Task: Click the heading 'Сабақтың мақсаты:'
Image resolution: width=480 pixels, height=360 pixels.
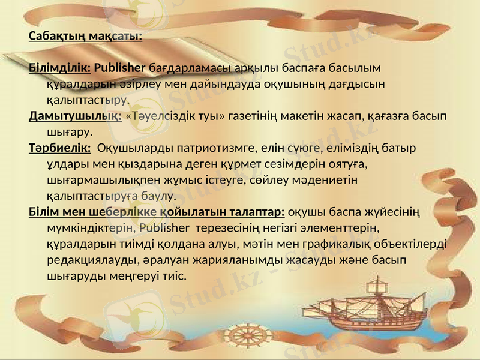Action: click(x=85, y=35)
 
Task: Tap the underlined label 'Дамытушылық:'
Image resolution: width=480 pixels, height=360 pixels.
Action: click(x=75, y=115)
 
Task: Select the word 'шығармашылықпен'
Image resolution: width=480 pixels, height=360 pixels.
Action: click(x=96, y=179)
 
